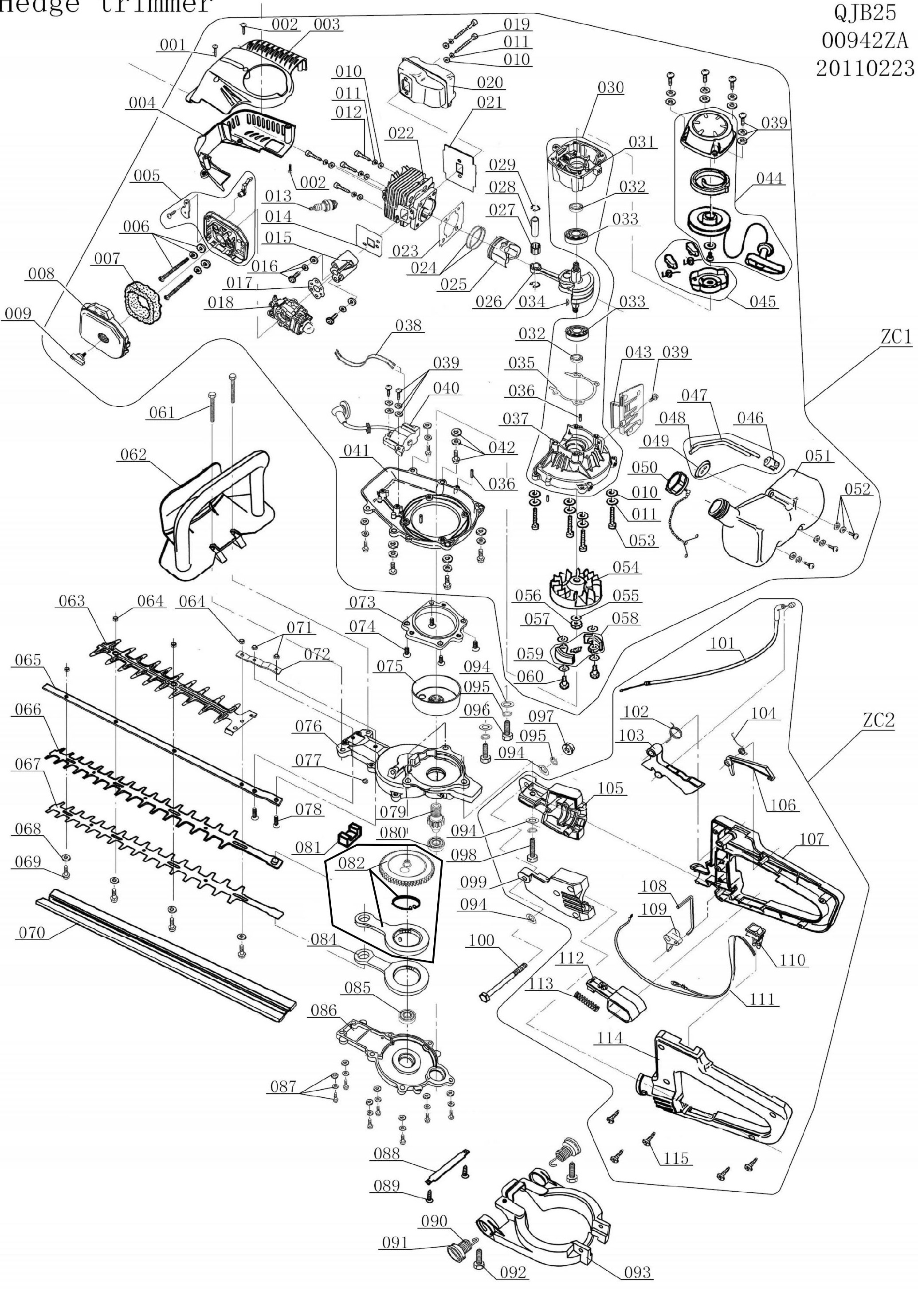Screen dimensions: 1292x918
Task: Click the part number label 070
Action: click(31, 933)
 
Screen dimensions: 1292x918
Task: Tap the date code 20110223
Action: click(865, 68)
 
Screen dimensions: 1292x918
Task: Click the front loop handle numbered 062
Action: click(215, 520)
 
